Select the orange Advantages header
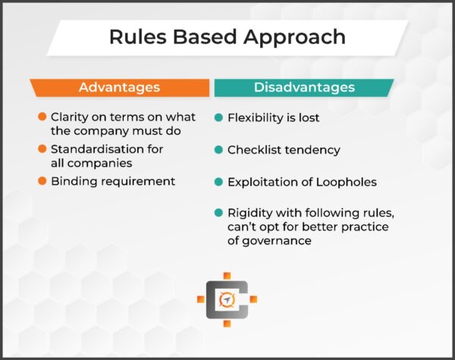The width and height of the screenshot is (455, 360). click(x=119, y=87)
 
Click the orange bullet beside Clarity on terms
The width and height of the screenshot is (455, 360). click(x=42, y=117)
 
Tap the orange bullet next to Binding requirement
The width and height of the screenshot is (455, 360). click(x=42, y=182)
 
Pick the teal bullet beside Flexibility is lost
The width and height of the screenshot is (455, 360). click(x=218, y=118)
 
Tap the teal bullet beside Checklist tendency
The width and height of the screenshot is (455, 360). click(x=218, y=150)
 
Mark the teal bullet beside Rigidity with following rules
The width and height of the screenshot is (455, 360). click(x=218, y=213)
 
